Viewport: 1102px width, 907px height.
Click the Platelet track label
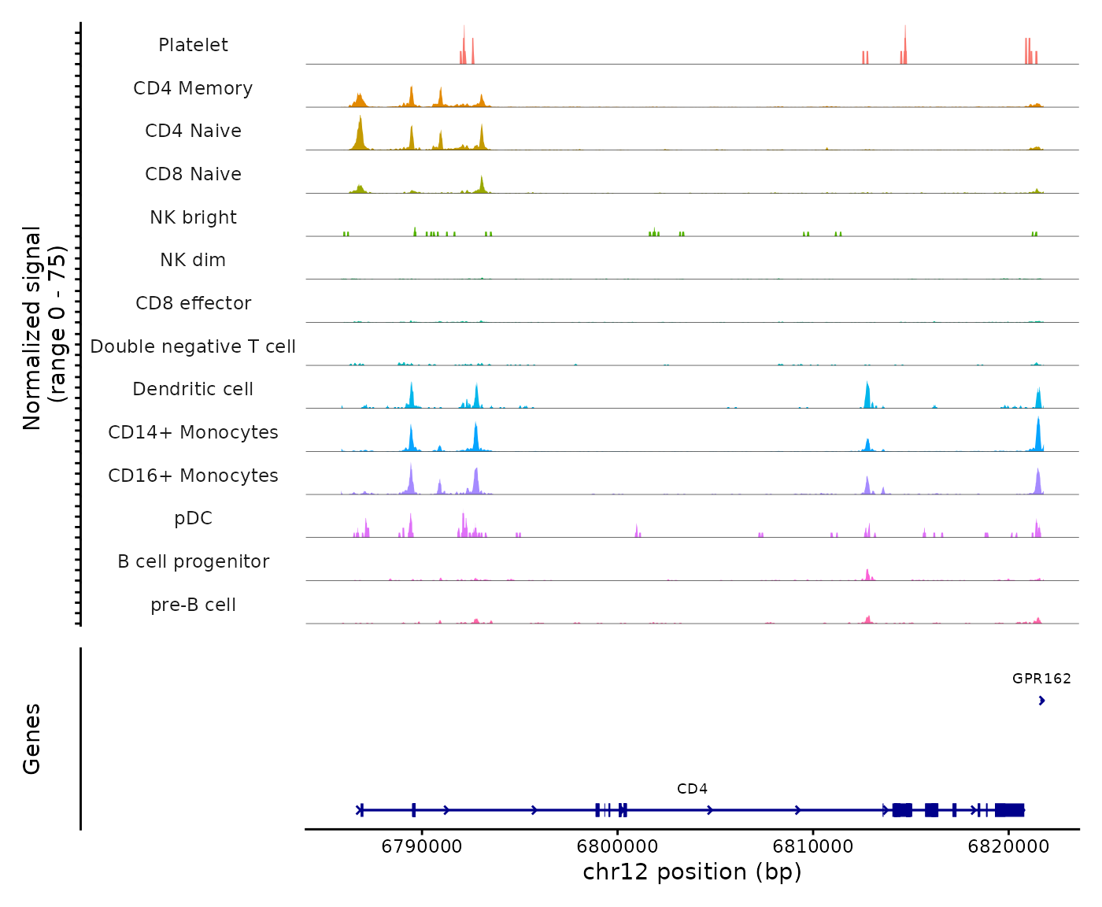pos(193,45)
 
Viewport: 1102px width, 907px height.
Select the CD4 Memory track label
pos(193,88)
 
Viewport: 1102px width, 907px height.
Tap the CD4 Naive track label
pos(193,131)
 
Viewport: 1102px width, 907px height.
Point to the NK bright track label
pos(193,217)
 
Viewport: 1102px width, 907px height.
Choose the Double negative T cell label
pos(193,346)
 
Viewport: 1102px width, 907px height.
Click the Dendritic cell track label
pos(193,389)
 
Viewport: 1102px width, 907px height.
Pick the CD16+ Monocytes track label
pos(193,476)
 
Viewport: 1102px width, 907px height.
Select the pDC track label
pos(193,518)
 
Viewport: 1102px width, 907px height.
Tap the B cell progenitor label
pos(193,561)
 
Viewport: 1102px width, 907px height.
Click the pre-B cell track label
pos(193,605)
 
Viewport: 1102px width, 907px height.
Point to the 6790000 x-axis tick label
pos(422,847)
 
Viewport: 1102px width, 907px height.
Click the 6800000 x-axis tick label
pos(618,847)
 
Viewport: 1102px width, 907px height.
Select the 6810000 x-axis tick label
pos(813,847)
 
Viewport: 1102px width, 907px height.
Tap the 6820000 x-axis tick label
pos(1008,847)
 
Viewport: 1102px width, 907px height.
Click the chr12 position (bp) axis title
pos(692,872)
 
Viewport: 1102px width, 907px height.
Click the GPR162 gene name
pos(1041,678)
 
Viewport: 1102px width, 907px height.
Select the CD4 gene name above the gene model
pos(692,789)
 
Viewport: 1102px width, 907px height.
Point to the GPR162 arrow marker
pos(1041,701)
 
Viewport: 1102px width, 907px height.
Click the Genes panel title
pos(32,739)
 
